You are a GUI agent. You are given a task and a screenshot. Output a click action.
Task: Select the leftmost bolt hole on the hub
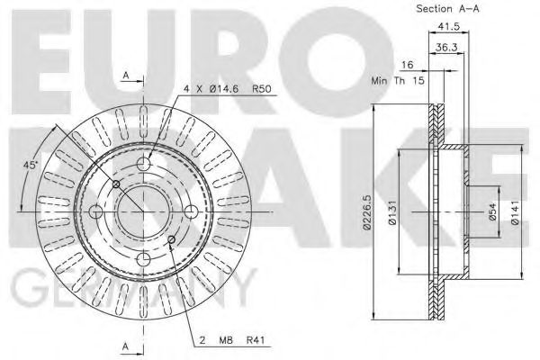click(x=96, y=211)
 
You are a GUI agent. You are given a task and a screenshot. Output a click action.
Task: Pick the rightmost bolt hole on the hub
click(x=190, y=211)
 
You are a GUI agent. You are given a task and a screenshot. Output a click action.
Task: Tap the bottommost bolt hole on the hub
click(x=142, y=258)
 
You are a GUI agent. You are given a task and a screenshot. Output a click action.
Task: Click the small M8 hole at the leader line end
click(x=171, y=238)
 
